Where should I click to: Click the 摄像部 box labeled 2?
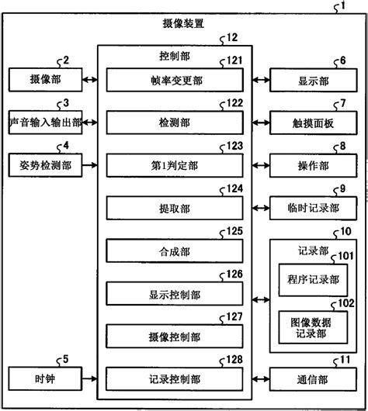[45, 79]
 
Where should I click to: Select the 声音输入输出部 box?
[45, 122]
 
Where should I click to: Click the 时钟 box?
[45, 379]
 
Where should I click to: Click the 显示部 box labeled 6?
[314, 79]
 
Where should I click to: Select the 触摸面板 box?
[314, 122]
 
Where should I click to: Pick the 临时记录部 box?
[314, 207]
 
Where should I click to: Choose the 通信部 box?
[314, 379]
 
